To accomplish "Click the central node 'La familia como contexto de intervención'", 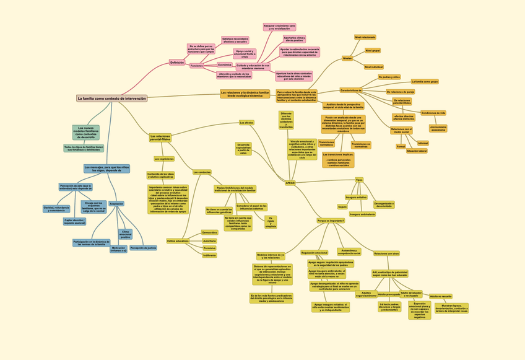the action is [112, 99].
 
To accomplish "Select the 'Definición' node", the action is [177, 63].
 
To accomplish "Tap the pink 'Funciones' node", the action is [197, 66].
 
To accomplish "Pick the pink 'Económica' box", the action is [225, 64].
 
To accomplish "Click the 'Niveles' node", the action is [347, 58].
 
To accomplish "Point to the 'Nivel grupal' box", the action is [373, 50].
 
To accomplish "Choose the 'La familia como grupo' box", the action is [425, 81].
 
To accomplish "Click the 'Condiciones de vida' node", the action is [433, 113].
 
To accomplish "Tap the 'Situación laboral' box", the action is [417, 151].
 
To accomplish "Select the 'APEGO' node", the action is [290, 183].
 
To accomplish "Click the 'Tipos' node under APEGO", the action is [359, 180].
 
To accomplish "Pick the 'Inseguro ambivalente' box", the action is [362, 214].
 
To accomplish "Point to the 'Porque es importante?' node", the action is [331, 221].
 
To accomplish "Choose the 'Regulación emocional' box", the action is [315, 253].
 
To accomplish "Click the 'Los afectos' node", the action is [246, 123].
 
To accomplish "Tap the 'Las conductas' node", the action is [202, 172].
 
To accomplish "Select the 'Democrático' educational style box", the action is [210, 232].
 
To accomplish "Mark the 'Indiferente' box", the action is [209, 255].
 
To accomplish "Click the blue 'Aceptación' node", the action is [116, 203].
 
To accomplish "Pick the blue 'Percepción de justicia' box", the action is [143, 247].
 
